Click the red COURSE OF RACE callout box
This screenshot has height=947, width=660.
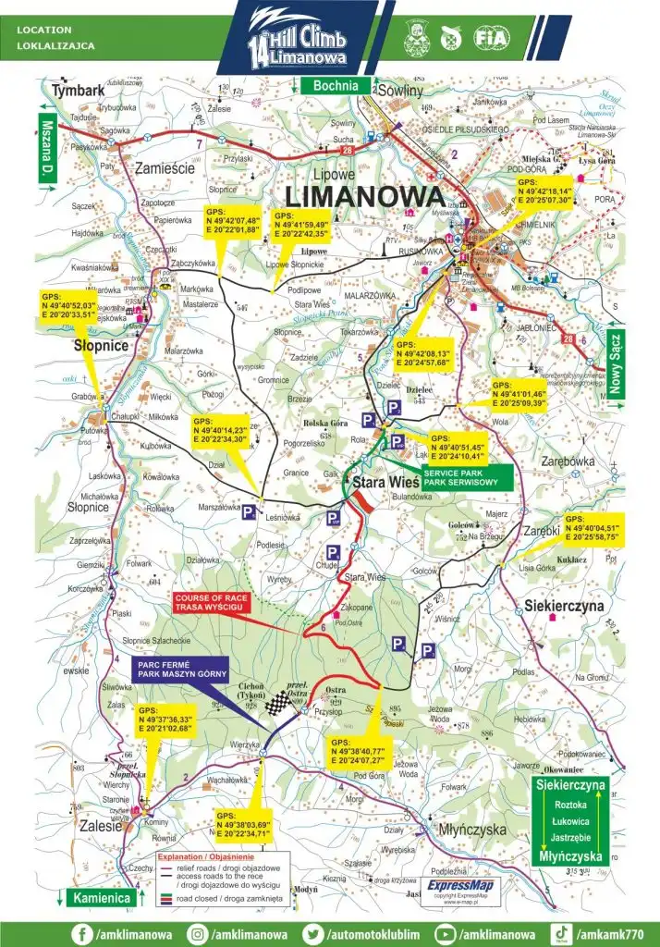211,602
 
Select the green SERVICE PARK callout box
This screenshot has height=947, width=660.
459,477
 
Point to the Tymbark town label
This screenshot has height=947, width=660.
79,91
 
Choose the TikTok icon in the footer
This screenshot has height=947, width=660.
559,933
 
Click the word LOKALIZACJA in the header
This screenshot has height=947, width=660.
55,44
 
